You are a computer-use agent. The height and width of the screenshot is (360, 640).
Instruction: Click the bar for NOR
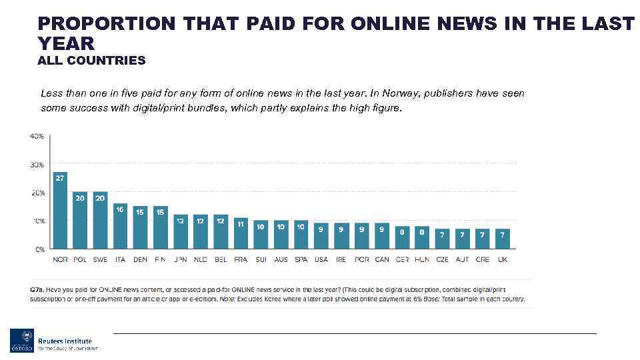click(60, 210)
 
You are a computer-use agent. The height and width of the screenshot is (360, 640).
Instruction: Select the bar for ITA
click(120, 226)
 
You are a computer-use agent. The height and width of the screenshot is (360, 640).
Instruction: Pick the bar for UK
click(503, 239)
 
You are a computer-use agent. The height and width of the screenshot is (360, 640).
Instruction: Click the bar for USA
click(321, 236)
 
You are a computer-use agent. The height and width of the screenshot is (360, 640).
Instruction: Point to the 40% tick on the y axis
click(36, 136)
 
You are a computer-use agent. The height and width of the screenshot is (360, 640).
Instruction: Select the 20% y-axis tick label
click(36, 193)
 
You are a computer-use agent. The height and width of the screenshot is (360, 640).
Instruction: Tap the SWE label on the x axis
click(100, 259)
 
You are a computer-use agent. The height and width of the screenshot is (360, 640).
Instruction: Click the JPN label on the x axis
click(180, 259)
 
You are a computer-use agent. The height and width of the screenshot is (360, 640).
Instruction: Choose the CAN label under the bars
click(382, 259)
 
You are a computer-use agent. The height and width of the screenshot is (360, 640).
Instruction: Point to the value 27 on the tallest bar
click(60, 178)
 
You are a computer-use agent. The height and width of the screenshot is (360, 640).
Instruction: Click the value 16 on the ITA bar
click(120, 209)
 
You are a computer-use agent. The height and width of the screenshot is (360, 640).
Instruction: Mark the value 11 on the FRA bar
click(241, 223)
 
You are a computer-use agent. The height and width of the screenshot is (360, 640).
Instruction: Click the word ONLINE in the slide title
click(399, 23)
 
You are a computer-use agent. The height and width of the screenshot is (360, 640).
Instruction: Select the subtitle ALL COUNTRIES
click(91, 61)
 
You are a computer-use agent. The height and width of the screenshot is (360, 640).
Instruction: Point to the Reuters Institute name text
click(65, 341)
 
